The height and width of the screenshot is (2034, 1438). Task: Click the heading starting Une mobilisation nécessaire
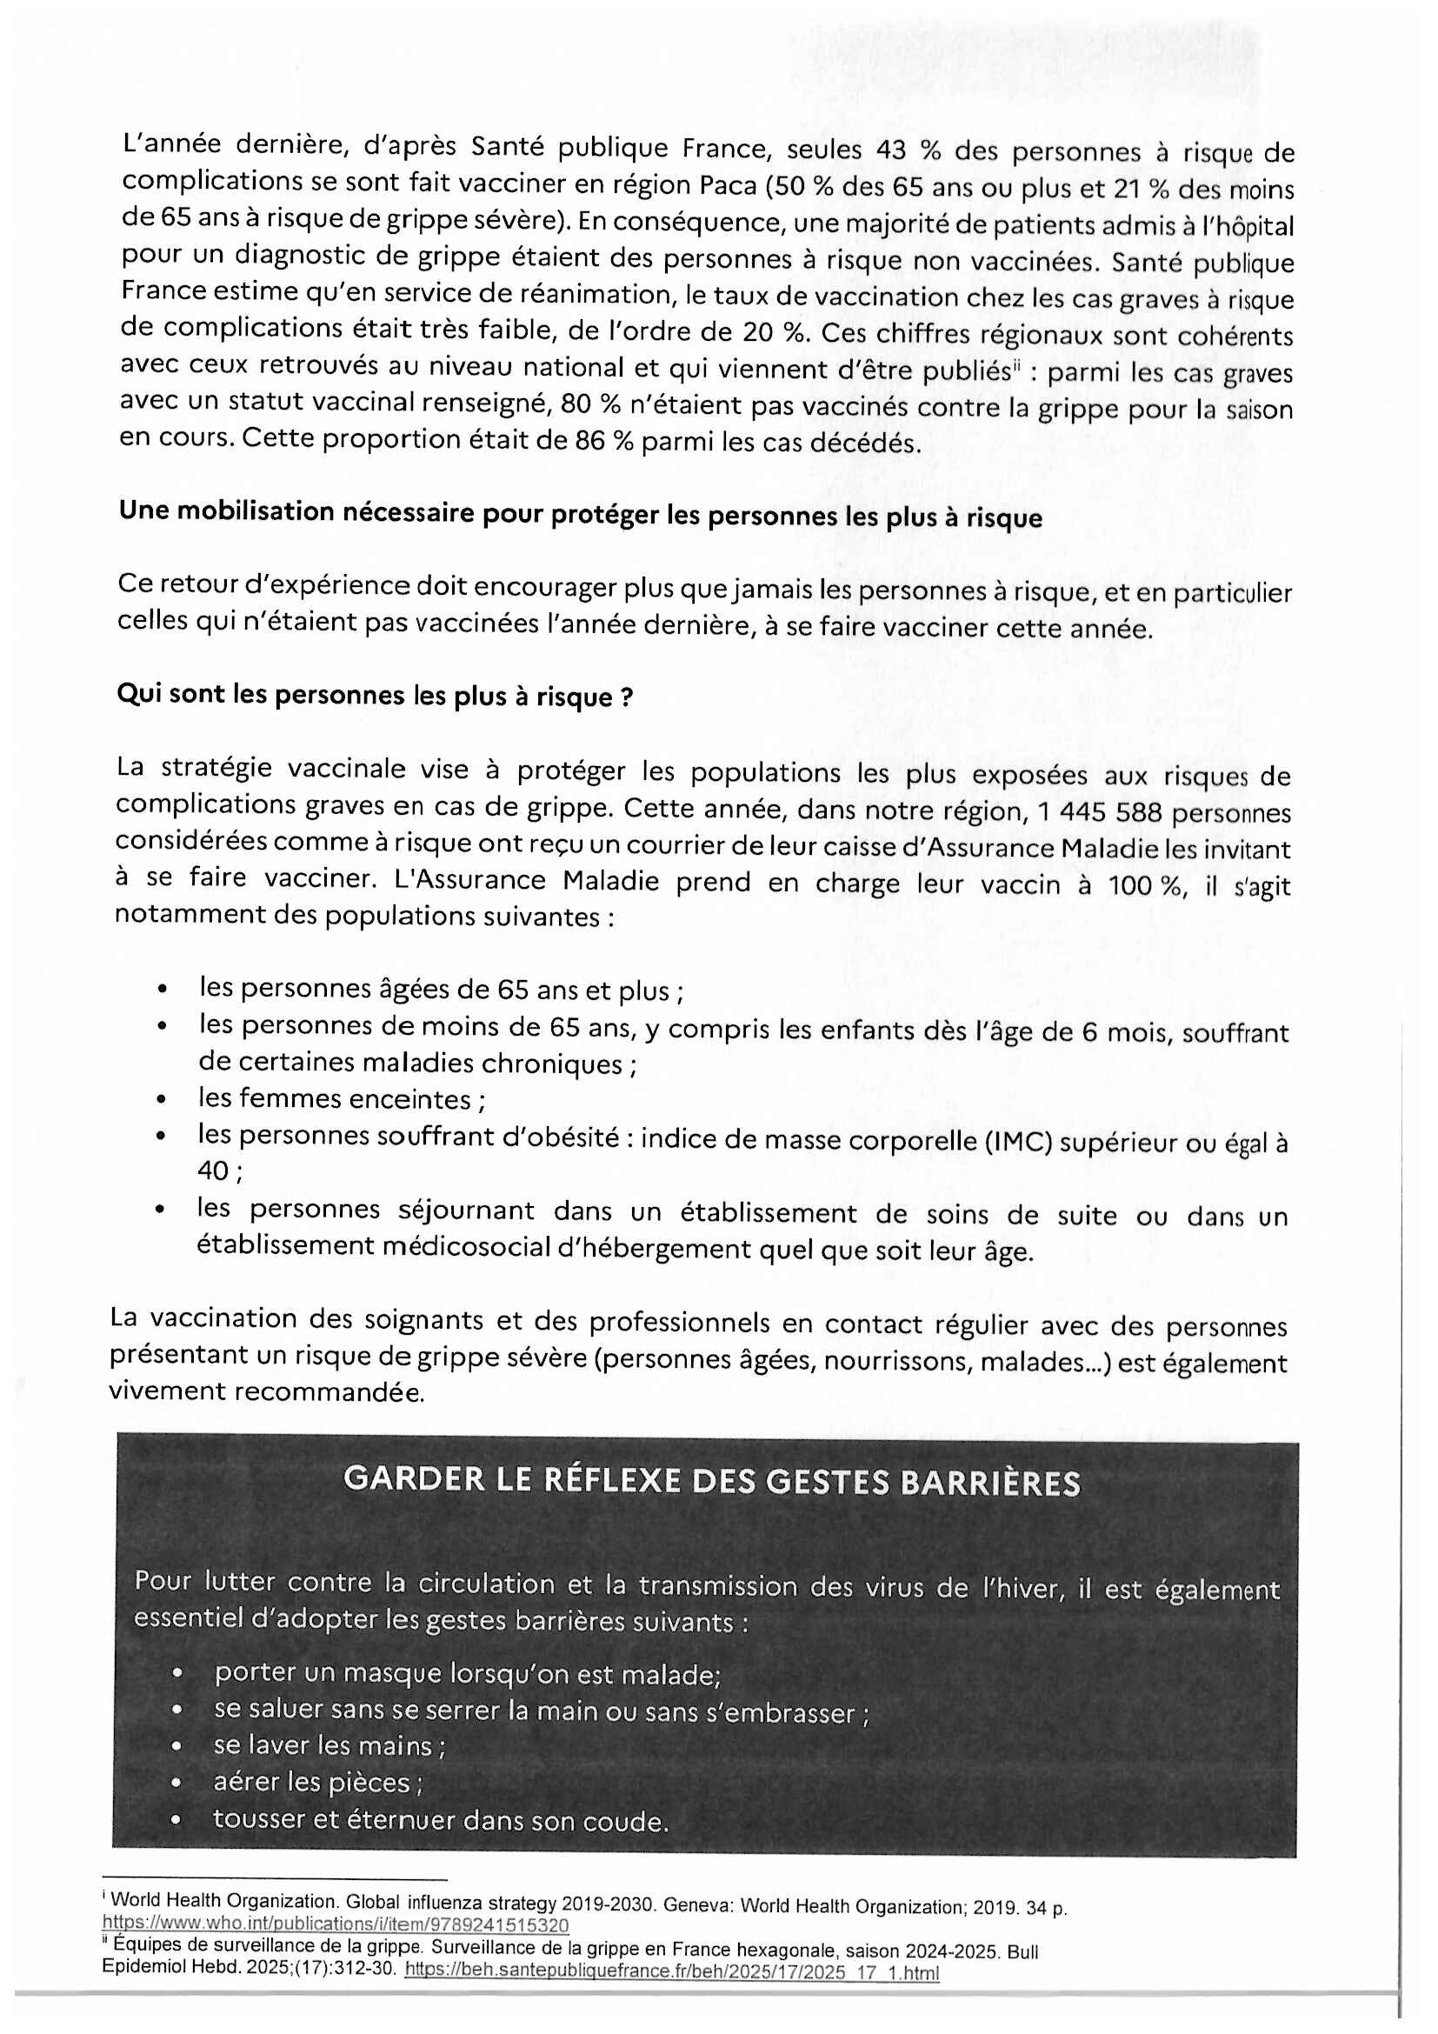tap(580, 515)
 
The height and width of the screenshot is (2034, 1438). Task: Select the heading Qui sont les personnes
tap(375, 696)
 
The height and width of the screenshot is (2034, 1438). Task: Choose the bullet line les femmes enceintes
tap(341, 1099)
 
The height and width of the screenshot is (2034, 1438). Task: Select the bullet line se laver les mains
tap(330, 1745)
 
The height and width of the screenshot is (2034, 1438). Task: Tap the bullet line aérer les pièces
tap(318, 1783)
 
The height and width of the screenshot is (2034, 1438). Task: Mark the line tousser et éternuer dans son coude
tap(440, 1819)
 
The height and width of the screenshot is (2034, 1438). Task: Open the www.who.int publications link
tap(336, 1924)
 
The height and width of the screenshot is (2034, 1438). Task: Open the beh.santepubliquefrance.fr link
tap(671, 1972)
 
